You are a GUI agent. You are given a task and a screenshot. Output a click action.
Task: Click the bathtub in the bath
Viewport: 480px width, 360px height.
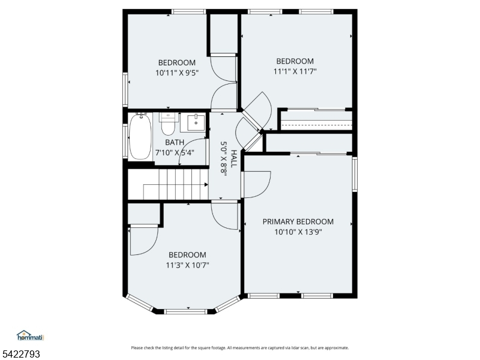point(140,137)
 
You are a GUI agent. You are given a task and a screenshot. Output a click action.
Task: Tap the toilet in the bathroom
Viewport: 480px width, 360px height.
point(168,124)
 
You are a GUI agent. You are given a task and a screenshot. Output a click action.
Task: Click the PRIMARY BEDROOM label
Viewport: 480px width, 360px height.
point(298,221)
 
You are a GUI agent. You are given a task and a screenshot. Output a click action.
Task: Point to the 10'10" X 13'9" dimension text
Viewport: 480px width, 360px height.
point(298,232)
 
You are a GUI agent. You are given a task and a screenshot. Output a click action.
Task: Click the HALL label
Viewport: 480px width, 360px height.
point(233,158)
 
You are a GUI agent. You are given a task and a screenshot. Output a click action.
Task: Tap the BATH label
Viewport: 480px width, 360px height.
point(175,142)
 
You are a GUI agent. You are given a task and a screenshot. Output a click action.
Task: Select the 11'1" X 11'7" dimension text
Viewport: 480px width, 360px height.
point(295,71)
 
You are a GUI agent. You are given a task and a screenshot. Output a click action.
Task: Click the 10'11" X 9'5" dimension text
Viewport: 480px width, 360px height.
point(177,73)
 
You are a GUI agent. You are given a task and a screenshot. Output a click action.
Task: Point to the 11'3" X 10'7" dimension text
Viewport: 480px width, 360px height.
point(187,265)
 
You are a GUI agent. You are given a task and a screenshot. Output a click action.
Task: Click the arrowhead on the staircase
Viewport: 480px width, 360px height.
point(206,185)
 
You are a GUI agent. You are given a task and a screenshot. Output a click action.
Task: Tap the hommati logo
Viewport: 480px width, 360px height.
point(31,335)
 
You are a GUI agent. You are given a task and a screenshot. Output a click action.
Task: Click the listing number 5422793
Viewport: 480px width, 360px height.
point(20,354)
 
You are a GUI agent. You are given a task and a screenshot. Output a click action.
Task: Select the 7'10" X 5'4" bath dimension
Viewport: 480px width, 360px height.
point(175,152)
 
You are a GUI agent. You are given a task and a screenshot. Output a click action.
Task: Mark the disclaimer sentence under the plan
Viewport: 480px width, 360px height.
point(239,348)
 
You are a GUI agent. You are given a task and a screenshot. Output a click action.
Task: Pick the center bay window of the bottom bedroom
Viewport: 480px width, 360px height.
point(185,311)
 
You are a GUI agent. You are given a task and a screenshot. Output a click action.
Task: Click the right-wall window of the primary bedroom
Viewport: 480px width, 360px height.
point(355,174)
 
